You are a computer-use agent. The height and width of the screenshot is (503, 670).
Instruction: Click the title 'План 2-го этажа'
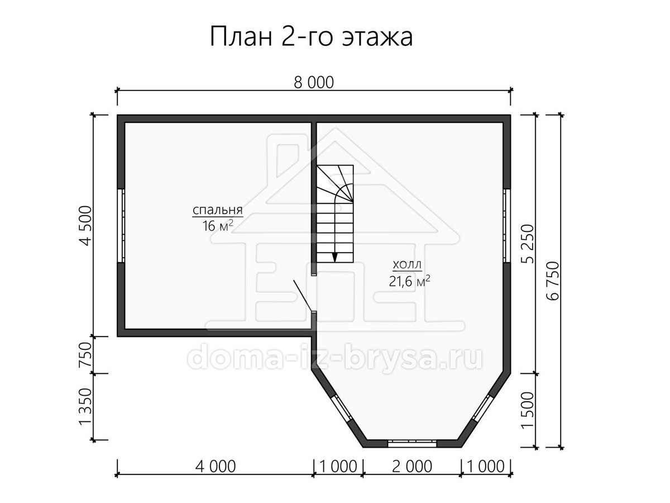312,37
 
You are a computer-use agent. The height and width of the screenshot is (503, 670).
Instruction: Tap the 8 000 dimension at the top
314,83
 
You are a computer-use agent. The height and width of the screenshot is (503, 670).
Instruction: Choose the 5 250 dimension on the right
528,244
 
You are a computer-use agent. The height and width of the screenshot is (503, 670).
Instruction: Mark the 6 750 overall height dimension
553,281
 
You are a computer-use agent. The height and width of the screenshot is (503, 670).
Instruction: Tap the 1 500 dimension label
528,410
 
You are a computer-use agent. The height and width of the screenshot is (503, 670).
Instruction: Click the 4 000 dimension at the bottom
216,466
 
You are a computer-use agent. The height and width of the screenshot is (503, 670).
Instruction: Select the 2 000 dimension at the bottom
411,466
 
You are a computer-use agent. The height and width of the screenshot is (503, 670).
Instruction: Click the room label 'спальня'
218,210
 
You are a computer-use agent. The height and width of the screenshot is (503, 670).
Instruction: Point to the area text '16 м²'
218,226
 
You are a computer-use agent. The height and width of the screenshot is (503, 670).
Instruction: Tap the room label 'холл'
407,265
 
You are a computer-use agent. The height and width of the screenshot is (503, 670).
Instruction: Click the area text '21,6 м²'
409,281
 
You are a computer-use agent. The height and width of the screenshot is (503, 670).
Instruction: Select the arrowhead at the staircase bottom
335,258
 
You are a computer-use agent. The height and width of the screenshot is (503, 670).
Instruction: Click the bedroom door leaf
303,296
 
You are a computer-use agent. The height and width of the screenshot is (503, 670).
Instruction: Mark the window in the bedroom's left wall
121,226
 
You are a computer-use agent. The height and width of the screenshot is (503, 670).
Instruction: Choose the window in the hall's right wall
507,226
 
